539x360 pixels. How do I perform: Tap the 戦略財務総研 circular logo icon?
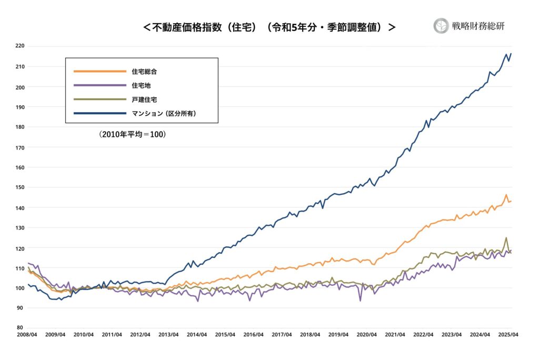click(x=441, y=26)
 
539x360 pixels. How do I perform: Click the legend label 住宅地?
click(x=141, y=85)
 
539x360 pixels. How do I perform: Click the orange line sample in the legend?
click(x=100, y=72)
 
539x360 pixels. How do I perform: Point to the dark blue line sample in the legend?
click(x=100, y=113)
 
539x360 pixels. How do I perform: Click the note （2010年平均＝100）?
click(x=132, y=135)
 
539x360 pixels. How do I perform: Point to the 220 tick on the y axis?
click(x=19, y=46)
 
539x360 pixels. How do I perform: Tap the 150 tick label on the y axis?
click(x=19, y=187)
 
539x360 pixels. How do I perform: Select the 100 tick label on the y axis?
click(x=19, y=288)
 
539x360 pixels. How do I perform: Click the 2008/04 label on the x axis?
click(x=27, y=335)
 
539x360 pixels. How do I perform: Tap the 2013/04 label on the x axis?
click(x=168, y=335)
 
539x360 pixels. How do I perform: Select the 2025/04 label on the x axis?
click(x=507, y=335)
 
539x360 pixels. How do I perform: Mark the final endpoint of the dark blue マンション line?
click(x=511, y=54)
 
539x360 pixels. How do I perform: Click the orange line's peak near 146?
click(x=506, y=195)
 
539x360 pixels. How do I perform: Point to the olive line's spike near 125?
click(x=506, y=238)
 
